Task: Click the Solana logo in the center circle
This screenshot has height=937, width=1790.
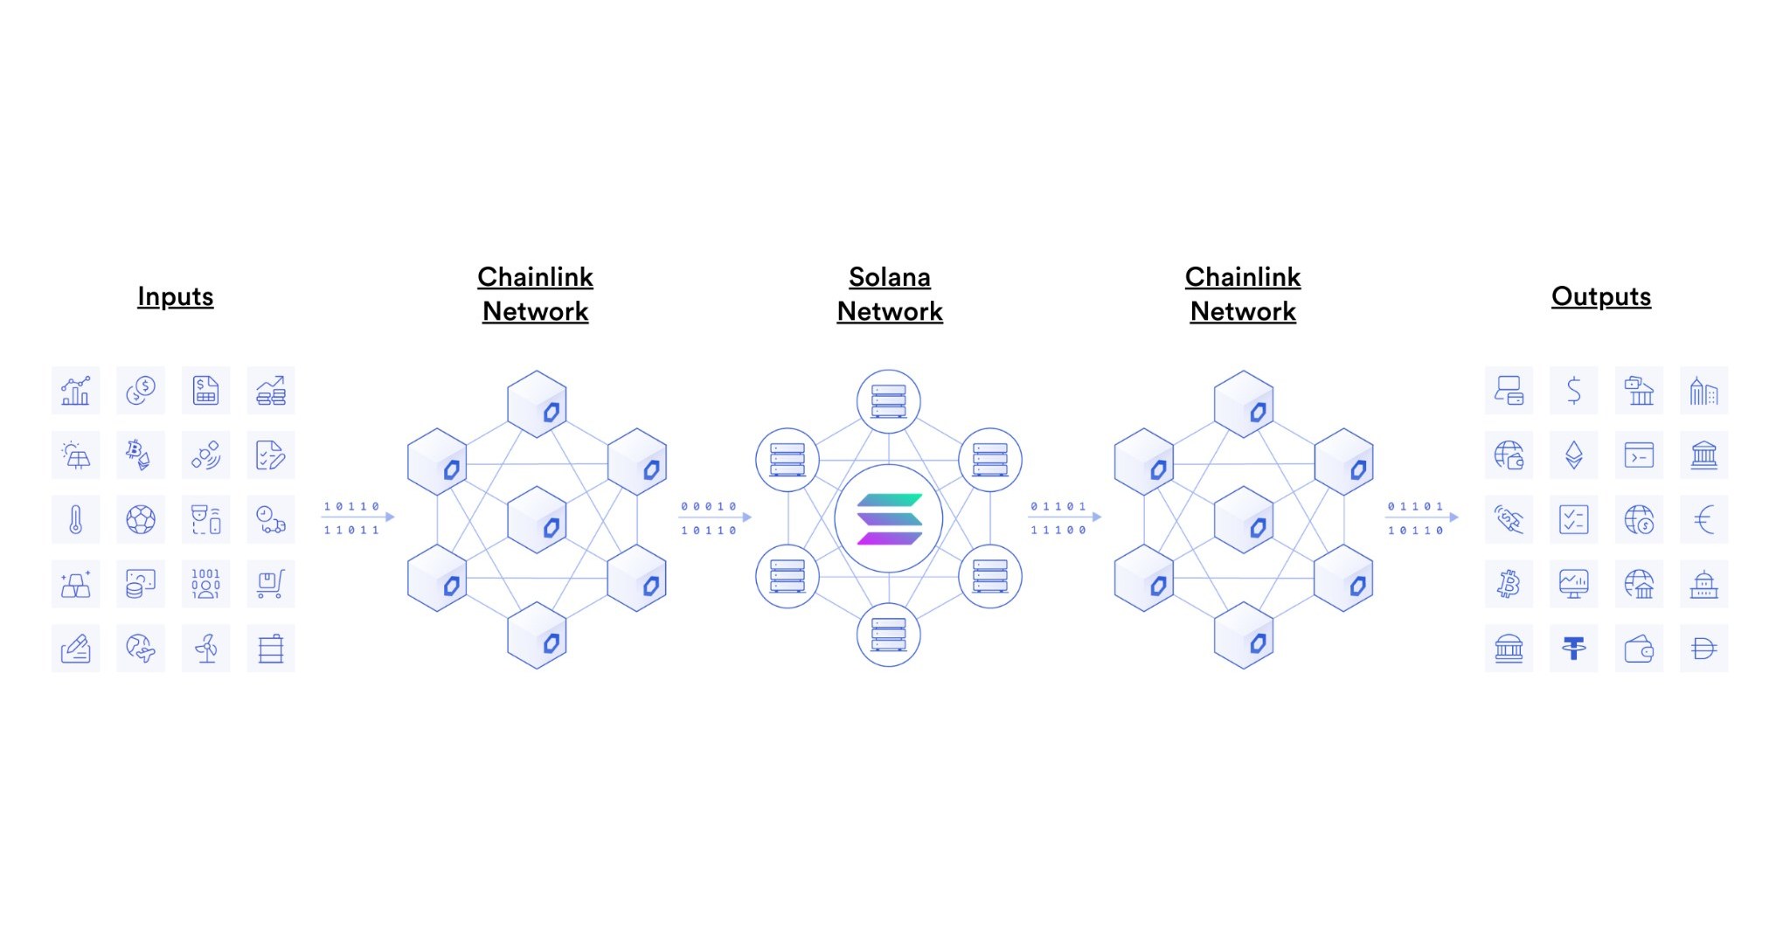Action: coord(889,519)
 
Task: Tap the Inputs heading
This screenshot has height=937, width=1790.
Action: coord(175,296)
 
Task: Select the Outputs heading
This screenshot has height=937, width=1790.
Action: coord(1600,296)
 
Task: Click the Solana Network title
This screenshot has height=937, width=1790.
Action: coord(889,294)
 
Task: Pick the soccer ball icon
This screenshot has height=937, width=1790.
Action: coord(141,519)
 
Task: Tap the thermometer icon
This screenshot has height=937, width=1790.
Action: coord(76,519)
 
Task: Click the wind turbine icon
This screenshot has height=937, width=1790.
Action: coord(206,649)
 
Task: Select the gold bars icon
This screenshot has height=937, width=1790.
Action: coord(76,584)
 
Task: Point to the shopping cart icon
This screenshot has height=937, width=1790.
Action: coord(271,584)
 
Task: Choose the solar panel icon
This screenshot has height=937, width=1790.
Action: coord(76,455)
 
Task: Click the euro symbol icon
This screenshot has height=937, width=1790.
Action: coord(1703,519)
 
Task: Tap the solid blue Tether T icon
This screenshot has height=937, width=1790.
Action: coord(1573,649)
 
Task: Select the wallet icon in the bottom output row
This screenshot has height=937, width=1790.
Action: coord(1639,649)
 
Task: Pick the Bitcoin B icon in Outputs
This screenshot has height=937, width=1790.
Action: coord(1509,584)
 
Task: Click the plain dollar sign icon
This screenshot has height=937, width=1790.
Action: coord(1573,390)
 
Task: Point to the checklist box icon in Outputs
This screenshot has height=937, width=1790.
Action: coord(1573,519)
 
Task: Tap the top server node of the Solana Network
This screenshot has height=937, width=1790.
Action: coord(889,401)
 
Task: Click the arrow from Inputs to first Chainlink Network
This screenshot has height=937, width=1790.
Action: coord(358,517)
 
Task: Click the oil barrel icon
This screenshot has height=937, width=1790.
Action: coord(271,649)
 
